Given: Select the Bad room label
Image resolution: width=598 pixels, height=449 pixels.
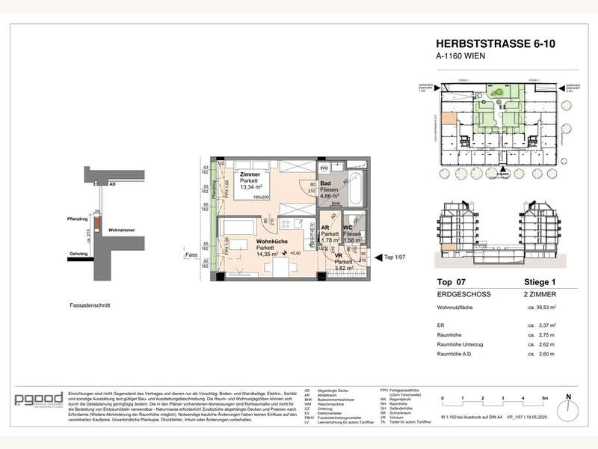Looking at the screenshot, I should tap(325, 183).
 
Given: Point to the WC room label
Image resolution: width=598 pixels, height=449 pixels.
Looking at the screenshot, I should tap(348, 227).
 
